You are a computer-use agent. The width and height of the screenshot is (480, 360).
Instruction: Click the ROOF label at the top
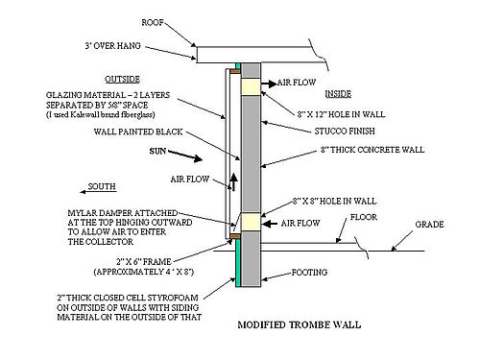pos(153,20)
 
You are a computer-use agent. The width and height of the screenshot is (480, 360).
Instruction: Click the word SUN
pos(158,152)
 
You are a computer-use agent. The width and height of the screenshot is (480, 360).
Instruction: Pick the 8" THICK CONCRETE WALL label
pos(360,151)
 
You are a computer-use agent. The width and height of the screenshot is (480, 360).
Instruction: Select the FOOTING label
pos(315,271)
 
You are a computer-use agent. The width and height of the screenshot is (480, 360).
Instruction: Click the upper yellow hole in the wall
pos(251,87)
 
